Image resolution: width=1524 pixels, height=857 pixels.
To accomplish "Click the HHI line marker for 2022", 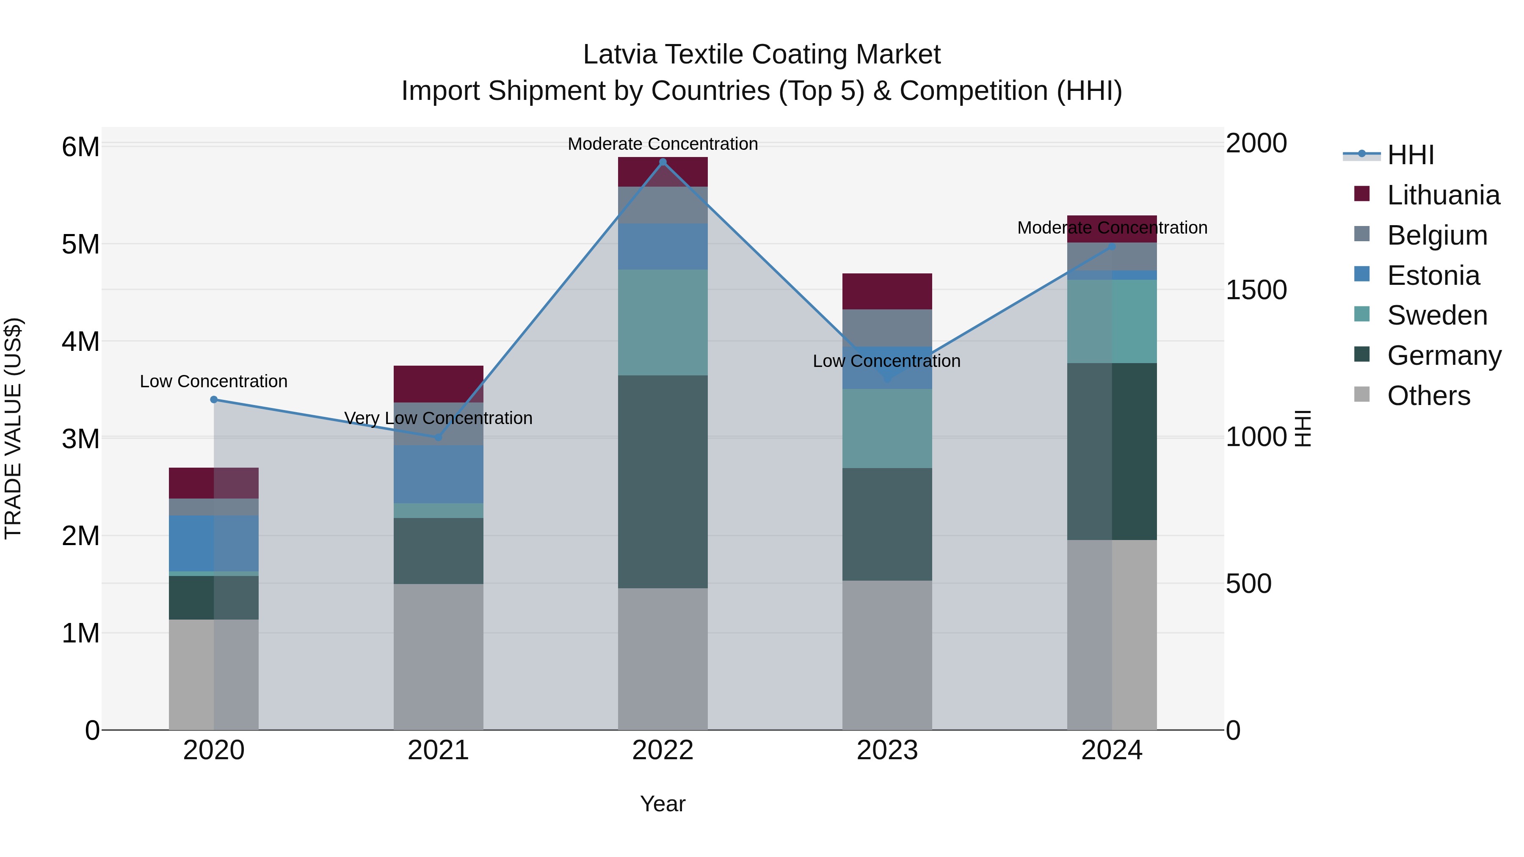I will click(x=663, y=162).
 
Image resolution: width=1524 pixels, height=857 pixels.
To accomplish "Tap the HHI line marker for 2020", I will click(x=214, y=400).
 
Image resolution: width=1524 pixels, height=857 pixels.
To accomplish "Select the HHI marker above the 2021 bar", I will click(x=439, y=437).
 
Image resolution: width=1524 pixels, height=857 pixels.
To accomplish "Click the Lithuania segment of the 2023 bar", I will click(x=887, y=292).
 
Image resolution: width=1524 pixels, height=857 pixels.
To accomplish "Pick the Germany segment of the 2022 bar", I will click(x=663, y=482).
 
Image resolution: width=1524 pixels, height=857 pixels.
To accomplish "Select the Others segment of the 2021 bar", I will click(x=439, y=656).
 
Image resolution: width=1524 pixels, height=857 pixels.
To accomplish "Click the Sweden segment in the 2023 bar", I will click(x=887, y=428).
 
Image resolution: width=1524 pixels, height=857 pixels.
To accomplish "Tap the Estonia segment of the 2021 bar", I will click(x=439, y=474).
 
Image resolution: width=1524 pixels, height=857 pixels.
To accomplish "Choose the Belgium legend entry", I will click(x=1436, y=235).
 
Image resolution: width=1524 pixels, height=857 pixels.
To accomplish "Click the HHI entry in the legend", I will click(x=1410, y=155).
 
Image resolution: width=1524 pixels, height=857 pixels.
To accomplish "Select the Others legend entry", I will click(x=1428, y=396).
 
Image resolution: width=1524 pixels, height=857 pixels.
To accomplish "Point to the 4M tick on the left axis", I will click(x=80, y=341).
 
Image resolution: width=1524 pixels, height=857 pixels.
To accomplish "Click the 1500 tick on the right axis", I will click(x=1256, y=290).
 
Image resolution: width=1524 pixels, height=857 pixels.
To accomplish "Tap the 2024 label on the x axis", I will click(x=1111, y=750).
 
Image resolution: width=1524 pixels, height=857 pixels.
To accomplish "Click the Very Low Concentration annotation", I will click(x=439, y=418).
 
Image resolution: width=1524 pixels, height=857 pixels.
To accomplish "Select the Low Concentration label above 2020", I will click(x=214, y=381).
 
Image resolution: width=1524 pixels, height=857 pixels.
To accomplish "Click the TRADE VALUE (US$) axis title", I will click(x=13, y=428).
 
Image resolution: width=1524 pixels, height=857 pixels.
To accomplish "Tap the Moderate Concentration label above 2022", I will click(x=663, y=144).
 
